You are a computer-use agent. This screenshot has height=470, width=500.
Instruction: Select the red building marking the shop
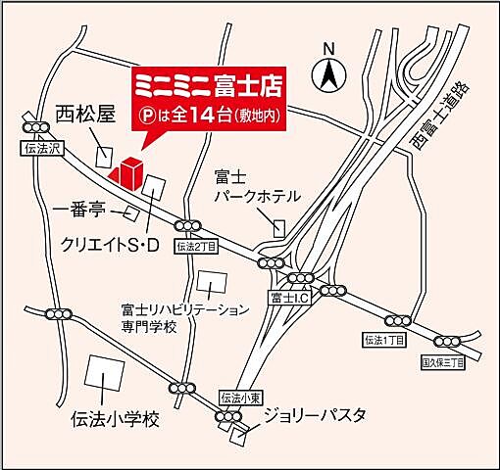click(x=129, y=170)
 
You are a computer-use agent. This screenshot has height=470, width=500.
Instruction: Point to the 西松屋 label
click(x=85, y=115)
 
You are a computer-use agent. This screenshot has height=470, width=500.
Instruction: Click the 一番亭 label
click(x=85, y=211)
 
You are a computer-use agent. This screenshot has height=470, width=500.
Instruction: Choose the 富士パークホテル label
click(x=258, y=187)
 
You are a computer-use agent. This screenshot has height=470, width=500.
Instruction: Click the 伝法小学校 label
click(x=115, y=420)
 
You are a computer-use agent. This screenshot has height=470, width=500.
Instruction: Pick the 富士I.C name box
click(x=289, y=295)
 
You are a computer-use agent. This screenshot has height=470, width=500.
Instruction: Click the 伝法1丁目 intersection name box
click(x=383, y=340)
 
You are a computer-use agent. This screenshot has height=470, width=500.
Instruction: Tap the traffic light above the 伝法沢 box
click(x=38, y=128)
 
